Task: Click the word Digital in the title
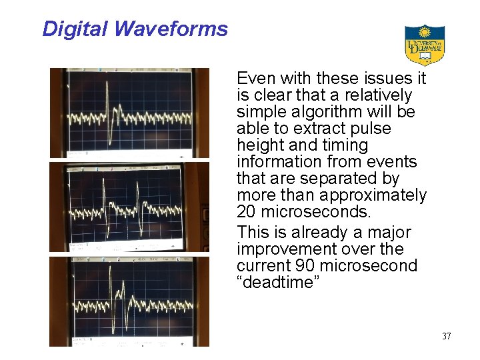coord(75,29)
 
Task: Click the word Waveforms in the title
coord(171,29)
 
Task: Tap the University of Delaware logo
coord(425,45)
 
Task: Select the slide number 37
coord(446,336)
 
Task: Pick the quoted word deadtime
coord(278,282)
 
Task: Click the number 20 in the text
coord(247,212)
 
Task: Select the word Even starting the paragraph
coord(254,79)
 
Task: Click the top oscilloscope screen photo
coord(129,113)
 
